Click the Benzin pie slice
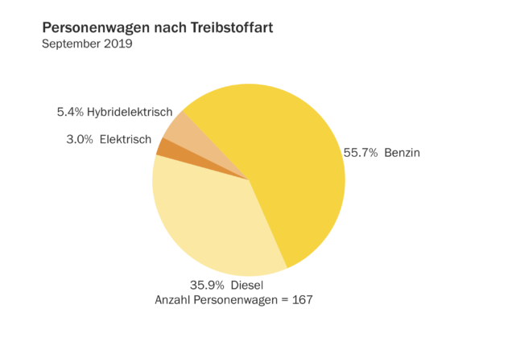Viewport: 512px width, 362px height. (x=290, y=161)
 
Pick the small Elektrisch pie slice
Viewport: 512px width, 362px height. (x=163, y=147)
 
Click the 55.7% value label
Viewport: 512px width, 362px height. (x=361, y=152)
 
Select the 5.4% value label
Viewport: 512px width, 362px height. (x=71, y=112)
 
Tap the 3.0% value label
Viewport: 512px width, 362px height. (x=80, y=139)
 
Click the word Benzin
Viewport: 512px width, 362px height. (x=403, y=152)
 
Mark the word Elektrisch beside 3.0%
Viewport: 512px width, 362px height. (x=126, y=139)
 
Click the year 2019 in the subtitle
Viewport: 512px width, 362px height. (x=118, y=43)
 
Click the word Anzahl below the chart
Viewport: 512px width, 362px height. (x=172, y=300)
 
